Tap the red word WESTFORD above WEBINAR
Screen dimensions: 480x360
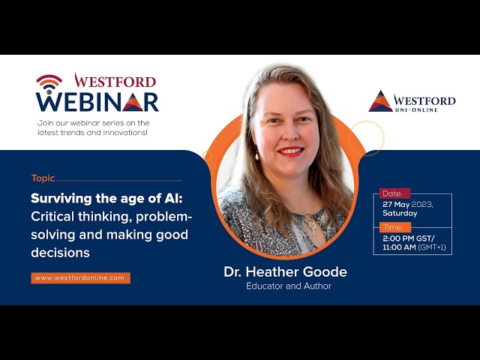(x=115, y=81)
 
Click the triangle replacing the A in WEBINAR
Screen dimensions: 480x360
(x=133, y=102)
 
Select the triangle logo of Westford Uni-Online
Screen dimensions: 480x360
(x=380, y=101)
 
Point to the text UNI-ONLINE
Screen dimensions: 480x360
(x=416, y=109)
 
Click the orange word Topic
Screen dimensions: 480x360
(x=43, y=178)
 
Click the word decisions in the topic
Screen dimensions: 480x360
(x=60, y=253)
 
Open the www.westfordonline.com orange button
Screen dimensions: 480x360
(x=80, y=278)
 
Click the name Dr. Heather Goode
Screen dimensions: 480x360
(x=285, y=271)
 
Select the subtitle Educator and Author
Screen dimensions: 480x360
(x=289, y=286)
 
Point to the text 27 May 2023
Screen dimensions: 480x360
(x=408, y=205)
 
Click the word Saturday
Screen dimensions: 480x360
(x=400, y=213)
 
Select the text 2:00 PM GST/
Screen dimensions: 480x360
(x=409, y=238)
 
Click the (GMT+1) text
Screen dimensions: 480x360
(x=432, y=247)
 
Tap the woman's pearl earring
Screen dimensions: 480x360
(x=256, y=157)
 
